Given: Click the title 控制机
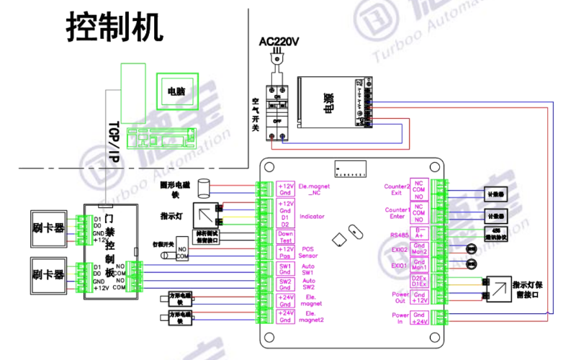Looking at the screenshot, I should [115, 28].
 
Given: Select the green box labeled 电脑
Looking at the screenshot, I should [176, 91].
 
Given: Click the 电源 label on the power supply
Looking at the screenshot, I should [328, 102].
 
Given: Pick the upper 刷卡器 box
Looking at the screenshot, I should [48, 228].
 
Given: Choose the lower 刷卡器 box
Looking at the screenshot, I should [48, 274].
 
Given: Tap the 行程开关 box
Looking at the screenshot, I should [159, 247].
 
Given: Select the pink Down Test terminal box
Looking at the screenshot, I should [285, 237].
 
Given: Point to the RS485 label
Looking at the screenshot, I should [398, 234].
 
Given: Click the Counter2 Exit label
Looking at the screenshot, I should [397, 189].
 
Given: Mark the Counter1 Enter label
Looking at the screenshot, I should [397, 213].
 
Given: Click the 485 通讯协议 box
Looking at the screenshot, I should [495, 234].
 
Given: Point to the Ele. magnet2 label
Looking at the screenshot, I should [312, 317].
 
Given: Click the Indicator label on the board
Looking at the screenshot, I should [312, 215].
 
